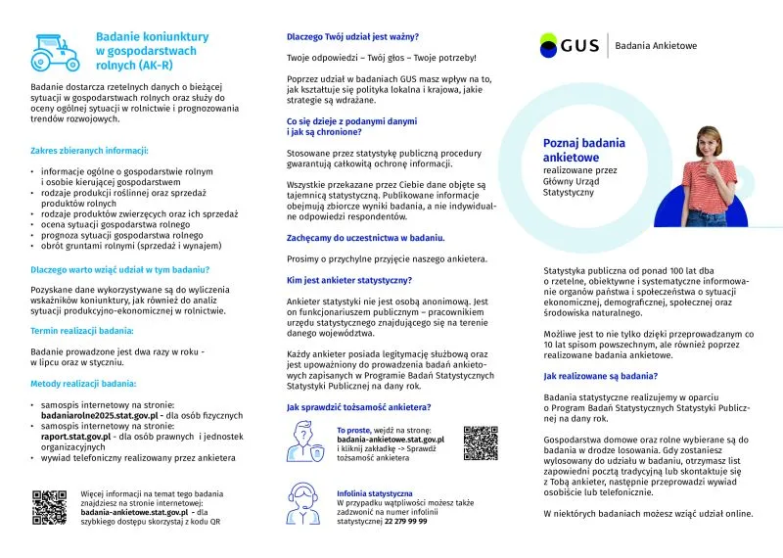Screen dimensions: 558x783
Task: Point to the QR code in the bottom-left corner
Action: pos(50,507)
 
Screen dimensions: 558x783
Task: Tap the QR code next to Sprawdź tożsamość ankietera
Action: pos(481,443)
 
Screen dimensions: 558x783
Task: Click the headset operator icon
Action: pos(303,504)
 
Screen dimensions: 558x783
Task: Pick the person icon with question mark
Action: pos(303,442)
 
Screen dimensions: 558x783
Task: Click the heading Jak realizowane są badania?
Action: pos(600,376)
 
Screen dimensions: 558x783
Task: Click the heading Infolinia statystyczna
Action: pos(375,493)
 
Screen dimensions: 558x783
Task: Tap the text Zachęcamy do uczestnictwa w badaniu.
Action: pos(365,238)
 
